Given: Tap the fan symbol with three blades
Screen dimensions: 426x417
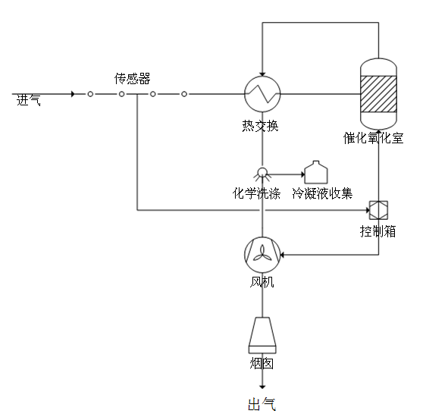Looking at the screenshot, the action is [x=262, y=255].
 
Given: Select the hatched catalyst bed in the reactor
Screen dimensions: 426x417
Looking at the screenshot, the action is [x=378, y=94].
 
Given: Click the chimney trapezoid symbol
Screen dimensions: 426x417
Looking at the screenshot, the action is [x=262, y=335].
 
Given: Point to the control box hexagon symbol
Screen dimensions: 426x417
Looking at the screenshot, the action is [x=378, y=210].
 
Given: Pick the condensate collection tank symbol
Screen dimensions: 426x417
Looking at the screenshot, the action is [x=316, y=172].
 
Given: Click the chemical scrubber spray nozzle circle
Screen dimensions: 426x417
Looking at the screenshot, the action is [x=262, y=172].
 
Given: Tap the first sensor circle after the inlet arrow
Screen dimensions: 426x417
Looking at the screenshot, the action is [x=90, y=94].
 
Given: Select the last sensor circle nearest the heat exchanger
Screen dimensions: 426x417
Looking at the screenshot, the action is [x=184, y=94].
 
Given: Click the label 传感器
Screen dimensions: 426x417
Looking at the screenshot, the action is [x=133, y=79].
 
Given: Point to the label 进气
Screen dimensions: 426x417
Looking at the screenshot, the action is [x=29, y=100].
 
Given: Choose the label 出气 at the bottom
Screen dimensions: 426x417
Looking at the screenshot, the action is [x=262, y=404].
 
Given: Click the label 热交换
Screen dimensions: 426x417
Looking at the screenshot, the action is [x=260, y=126].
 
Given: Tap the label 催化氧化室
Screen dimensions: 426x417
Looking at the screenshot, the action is [x=373, y=138].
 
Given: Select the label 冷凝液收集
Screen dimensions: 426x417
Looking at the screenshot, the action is [x=322, y=193].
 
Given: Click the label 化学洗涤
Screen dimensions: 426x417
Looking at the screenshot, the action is [x=256, y=193].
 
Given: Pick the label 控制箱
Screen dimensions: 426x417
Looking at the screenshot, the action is [x=378, y=231].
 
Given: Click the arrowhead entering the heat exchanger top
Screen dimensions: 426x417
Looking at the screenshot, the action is [x=262, y=74].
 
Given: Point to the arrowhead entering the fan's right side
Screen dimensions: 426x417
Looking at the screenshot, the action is [x=282, y=255].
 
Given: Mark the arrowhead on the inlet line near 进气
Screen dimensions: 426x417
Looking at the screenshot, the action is [x=73, y=94].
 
